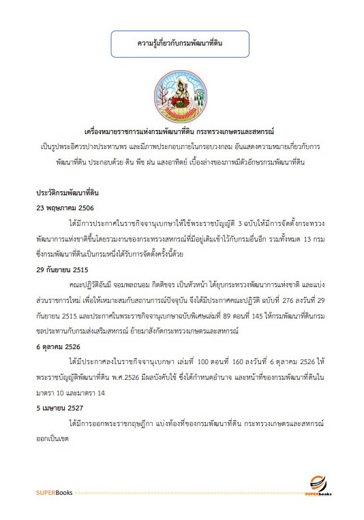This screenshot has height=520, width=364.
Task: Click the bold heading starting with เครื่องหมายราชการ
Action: pyautogui.click(x=181, y=128)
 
